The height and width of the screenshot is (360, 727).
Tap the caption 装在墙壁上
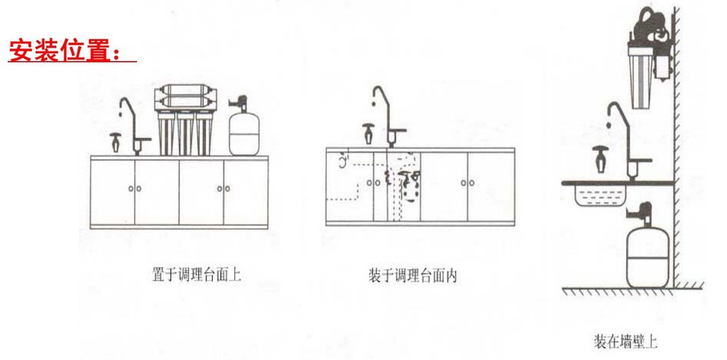(x=625, y=342)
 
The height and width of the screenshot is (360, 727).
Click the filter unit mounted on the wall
(x=650, y=64)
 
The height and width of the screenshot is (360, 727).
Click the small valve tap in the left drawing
(x=115, y=141)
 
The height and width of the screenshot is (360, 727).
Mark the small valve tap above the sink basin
(x=599, y=158)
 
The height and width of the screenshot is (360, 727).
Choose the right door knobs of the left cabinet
(x=223, y=188)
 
